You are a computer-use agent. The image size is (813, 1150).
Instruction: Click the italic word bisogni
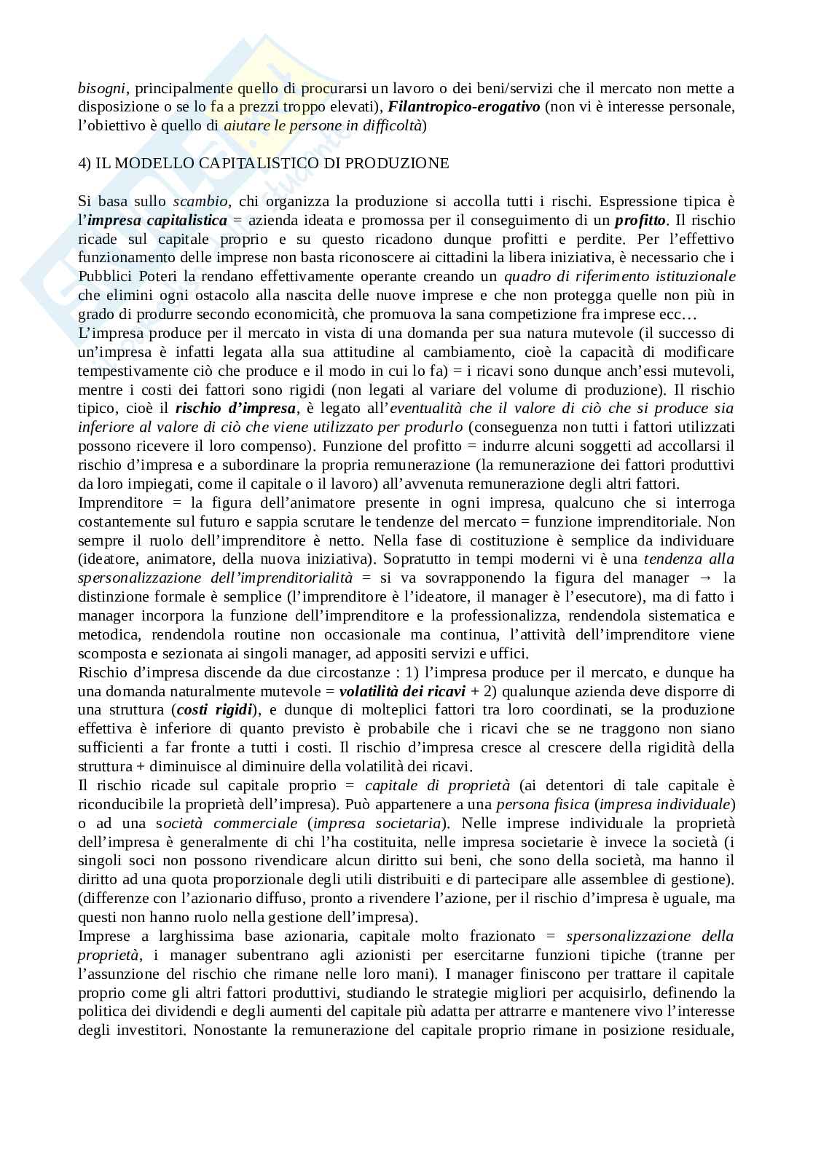pos(102,89)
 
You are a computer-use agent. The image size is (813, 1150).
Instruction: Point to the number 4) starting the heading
pos(85,163)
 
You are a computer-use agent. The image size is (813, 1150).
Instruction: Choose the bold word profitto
pos(641,221)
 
